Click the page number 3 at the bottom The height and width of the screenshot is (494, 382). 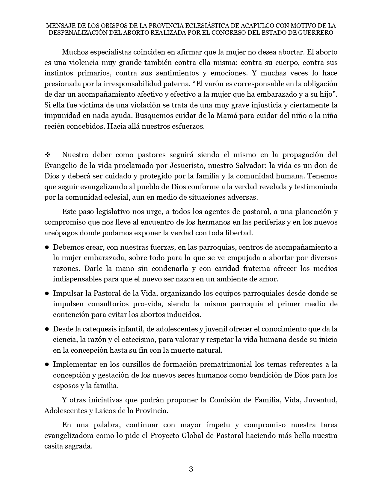(191, 469)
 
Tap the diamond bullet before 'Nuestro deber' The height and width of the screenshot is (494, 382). (47, 155)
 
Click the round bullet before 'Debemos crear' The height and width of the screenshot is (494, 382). (47, 247)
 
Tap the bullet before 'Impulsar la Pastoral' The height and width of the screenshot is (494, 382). (47, 293)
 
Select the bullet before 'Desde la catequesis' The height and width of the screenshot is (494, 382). (47, 329)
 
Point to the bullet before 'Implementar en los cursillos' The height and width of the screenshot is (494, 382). (47, 365)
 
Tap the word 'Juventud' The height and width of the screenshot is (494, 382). (321, 400)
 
